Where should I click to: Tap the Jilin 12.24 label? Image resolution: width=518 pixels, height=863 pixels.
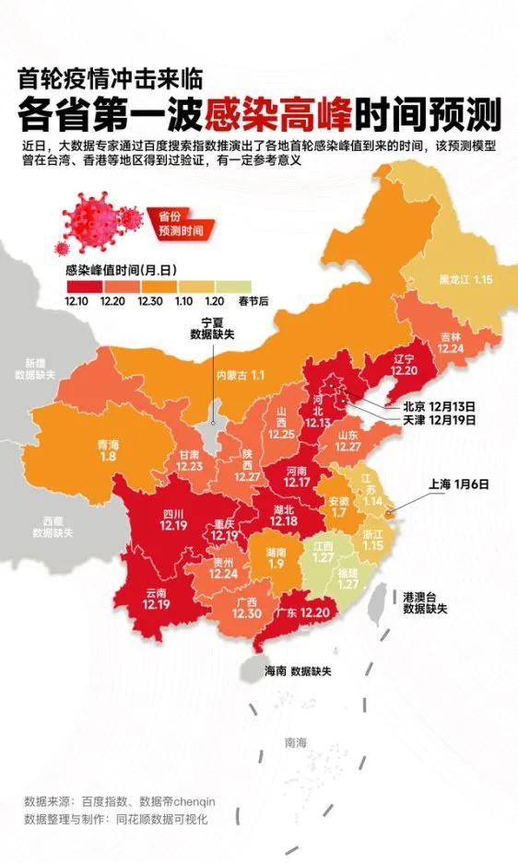coord(452,343)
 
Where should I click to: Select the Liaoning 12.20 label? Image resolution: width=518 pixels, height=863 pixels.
coord(403,364)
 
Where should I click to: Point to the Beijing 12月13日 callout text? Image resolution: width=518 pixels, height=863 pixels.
coord(426,405)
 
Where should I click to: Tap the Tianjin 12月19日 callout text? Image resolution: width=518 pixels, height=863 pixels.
coord(426,420)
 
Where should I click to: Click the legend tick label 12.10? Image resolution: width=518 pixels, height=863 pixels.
coord(77,300)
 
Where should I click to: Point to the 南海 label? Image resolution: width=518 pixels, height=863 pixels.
coord(296,742)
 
